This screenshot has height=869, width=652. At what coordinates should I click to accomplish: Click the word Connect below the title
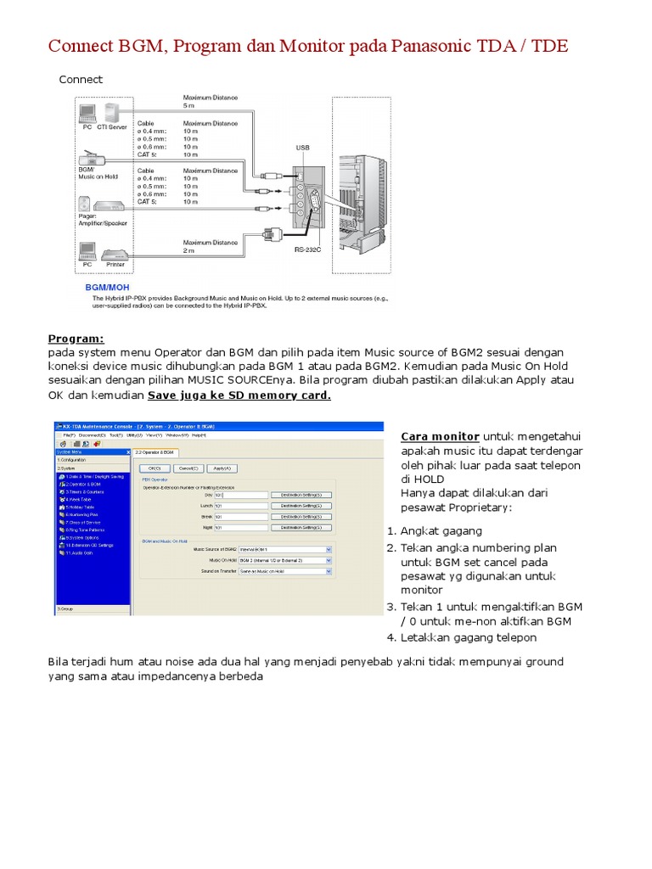[80, 80]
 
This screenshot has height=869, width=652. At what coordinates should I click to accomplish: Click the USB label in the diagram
[302, 147]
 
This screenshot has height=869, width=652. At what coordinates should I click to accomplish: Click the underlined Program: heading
[76, 338]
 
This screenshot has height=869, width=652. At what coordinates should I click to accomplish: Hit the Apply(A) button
[222, 468]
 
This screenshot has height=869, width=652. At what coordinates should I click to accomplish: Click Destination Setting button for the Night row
[301, 527]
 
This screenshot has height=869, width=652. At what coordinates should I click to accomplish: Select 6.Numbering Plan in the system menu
[81, 514]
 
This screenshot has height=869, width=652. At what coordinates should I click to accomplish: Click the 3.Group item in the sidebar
[66, 608]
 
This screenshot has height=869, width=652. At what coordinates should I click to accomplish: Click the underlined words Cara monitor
[440, 436]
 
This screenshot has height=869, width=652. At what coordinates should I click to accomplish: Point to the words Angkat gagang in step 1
[441, 531]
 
